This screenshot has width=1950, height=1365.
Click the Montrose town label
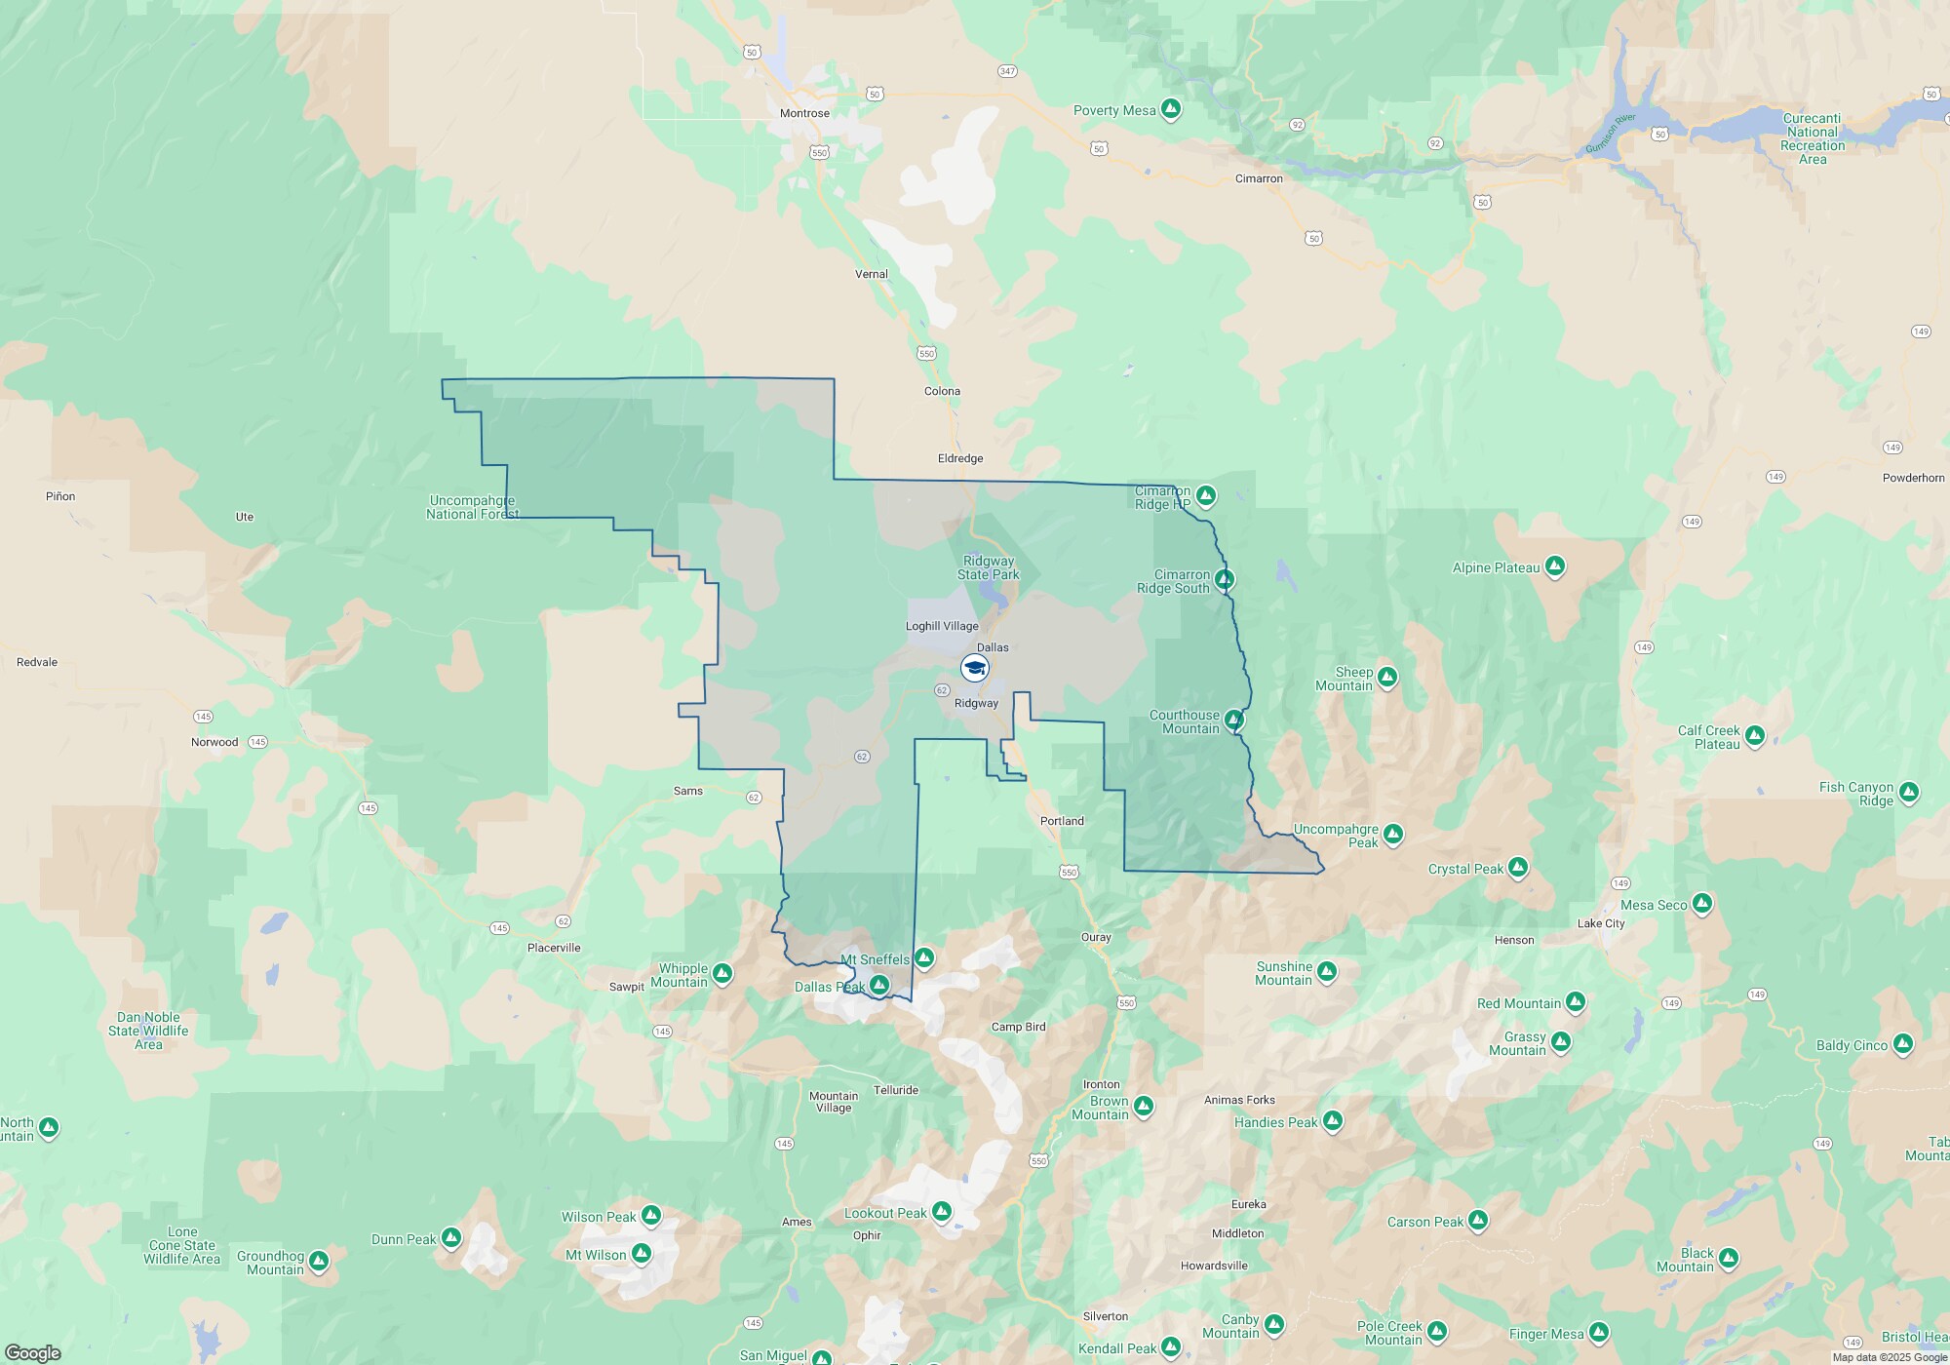(x=804, y=113)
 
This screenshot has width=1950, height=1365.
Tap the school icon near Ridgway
(x=974, y=668)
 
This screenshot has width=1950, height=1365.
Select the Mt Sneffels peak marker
(x=923, y=958)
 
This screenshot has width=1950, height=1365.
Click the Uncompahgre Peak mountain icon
(x=1393, y=834)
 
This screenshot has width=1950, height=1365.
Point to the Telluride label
(x=895, y=1090)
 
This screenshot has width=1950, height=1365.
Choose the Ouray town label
(x=1096, y=937)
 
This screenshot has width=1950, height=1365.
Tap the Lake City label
(x=1601, y=923)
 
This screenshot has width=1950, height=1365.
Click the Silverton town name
(x=1105, y=1316)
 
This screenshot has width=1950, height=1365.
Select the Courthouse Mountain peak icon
(x=1233, y=721)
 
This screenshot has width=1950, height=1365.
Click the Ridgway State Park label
(x=988, y=567)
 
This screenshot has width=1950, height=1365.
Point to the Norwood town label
(x=214, y=742)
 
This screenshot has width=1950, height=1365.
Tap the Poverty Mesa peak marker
(x=1171, y=109)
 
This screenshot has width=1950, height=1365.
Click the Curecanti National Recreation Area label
(x=1812, y=138)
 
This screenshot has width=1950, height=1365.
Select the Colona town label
(x=942, y=391)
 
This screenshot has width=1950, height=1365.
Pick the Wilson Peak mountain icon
(x=651, y=1216)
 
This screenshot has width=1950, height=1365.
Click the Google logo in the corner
(x=33, y=1352)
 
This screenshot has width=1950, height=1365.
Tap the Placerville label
(x=554, y=948)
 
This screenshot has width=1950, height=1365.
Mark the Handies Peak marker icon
(x=1333, y=1121)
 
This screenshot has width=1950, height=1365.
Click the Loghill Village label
(x=942, y=626)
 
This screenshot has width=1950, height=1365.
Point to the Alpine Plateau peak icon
(x=1555, y=566)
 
